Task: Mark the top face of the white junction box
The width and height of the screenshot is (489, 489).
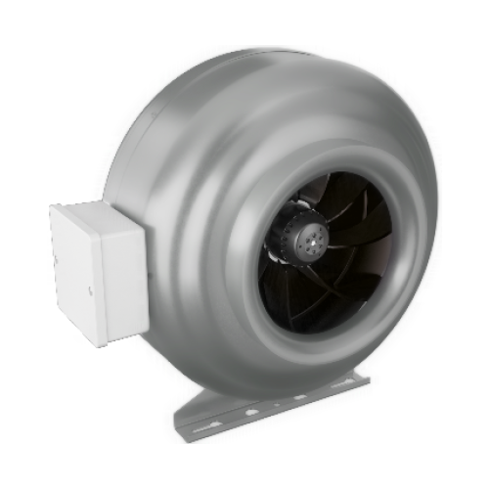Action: click(x=98, y=209)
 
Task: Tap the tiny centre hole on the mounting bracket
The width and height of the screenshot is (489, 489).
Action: click(x=277, y=404)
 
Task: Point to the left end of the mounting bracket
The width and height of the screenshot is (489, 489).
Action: click(x=178, y=430)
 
